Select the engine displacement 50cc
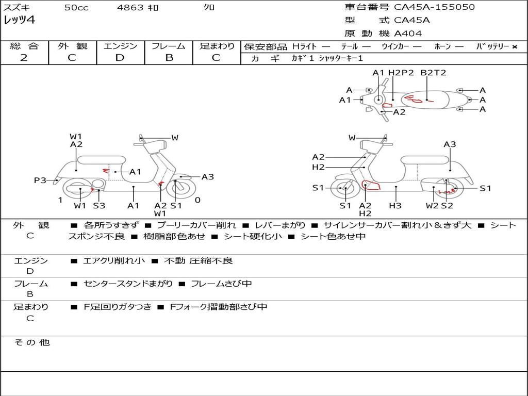[76, 8]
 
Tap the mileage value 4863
[130, 8]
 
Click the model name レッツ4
[19, 21]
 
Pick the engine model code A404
[408, 34]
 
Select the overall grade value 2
[24, 58]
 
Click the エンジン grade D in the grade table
[120, 58]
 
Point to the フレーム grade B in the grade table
[169, 58]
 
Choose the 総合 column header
[24, 46]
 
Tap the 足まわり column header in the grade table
[217, 46]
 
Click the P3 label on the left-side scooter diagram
[40, 180]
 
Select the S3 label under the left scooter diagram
[99, 206]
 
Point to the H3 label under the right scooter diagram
[395, 206]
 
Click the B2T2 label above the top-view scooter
[433, 73]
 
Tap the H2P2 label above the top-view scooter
[401, 73]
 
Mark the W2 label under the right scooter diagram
[432, 206]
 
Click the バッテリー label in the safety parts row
[492, 46]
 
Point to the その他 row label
[31, 342]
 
